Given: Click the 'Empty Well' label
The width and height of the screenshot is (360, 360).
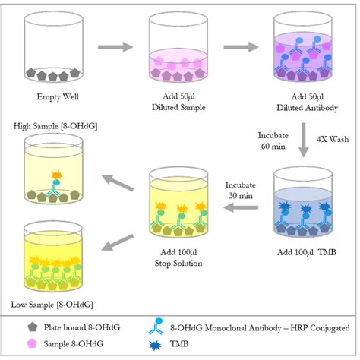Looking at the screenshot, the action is coord(58,96).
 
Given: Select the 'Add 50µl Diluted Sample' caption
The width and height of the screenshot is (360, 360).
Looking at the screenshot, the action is coord(178,102).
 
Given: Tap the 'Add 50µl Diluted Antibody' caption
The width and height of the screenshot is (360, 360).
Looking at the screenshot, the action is coord(307,102).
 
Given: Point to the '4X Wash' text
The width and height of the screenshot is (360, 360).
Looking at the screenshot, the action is coord(333,139).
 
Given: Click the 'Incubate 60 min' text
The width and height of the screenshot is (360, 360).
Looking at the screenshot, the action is coord(273,141).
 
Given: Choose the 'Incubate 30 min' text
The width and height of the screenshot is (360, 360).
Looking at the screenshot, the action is coord(241,190).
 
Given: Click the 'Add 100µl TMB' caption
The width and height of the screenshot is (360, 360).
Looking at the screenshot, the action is coord(307,252).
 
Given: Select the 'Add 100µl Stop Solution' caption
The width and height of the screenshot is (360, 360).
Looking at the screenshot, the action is coord(178,257).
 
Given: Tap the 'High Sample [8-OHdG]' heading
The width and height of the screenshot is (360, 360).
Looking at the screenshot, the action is coord(55,126).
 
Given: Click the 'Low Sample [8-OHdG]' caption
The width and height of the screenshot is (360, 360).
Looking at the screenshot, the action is coord(52,305).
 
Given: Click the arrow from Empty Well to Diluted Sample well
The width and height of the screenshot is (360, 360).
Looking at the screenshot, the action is coord(115,47).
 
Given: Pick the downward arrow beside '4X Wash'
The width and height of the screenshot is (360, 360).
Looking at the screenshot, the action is coord(304,141).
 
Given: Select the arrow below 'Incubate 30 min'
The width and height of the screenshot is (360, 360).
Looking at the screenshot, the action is coord(241,208).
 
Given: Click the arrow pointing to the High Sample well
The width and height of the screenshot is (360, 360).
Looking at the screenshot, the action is coord(117,182).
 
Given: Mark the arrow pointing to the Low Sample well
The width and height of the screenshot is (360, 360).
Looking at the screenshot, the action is coord(117,242).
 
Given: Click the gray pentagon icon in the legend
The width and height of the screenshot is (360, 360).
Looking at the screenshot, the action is coord(32,327).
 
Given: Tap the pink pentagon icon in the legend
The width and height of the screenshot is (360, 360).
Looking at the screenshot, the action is coord(32,343).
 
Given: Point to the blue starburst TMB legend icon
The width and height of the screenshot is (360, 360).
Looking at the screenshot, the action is coord(155,345).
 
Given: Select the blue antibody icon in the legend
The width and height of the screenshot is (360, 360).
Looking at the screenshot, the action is coord(156,327).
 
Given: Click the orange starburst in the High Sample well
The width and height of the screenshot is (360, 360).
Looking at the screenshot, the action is coord(57,175).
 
